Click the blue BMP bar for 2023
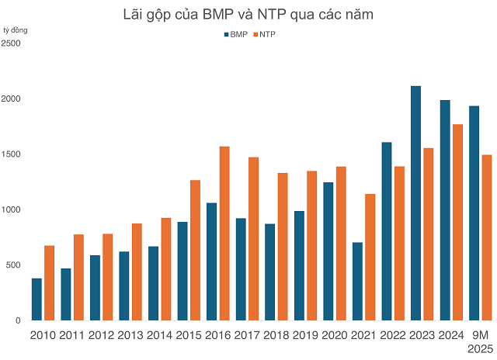click(415, 203)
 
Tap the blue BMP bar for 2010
click(36, 299)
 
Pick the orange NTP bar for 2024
click(458, 222)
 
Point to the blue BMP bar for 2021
click(357, 281)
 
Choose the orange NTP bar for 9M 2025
click(487, 237)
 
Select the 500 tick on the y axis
click(12, 265)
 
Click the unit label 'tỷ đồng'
click(16, 29)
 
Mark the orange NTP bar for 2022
click(400, 244)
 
